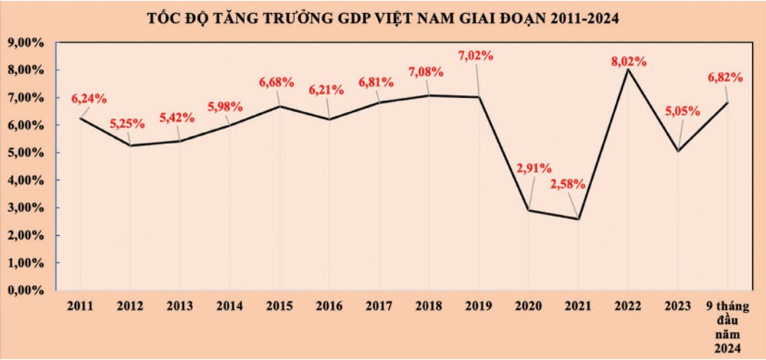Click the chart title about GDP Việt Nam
383,17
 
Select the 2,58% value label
568,184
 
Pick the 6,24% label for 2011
89,98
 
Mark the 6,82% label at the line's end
726,77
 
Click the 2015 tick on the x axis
280,305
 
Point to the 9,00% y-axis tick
27,43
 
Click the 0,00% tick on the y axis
27,290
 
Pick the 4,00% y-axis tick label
27,180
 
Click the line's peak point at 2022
627,70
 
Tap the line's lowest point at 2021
578,219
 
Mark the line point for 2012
130,146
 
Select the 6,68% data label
277,83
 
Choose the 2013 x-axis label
180,305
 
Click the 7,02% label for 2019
475,55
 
